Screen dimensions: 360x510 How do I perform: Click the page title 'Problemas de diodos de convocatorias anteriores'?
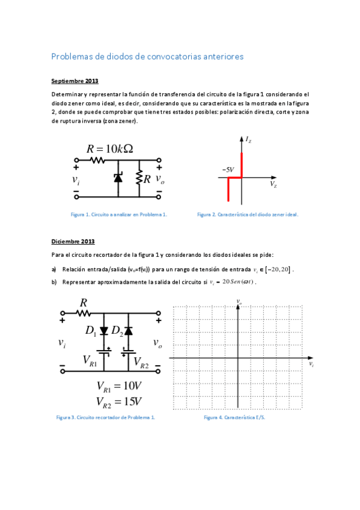[147, 57]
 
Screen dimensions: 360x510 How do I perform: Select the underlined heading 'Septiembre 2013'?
[75, 81]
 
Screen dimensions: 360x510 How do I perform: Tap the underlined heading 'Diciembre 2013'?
[73, 241]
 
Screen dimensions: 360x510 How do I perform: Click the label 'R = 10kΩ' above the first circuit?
[110, 149]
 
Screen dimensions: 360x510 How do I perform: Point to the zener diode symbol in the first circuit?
[118, 177]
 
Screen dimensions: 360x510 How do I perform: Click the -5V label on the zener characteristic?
[227, 170]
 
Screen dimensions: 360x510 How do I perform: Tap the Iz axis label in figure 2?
[248, 140]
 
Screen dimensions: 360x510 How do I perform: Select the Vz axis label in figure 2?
[273, 184]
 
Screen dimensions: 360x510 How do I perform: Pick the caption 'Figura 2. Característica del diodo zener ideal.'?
[248, 214]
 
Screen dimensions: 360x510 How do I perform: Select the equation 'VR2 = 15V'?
[118, 401]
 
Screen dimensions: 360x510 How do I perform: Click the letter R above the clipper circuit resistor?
[84, 303]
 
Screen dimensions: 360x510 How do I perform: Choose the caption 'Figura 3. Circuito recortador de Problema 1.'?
[105, 417]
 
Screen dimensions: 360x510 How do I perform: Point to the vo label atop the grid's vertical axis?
[239, 301]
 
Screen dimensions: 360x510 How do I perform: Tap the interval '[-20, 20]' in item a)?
[280, 269]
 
